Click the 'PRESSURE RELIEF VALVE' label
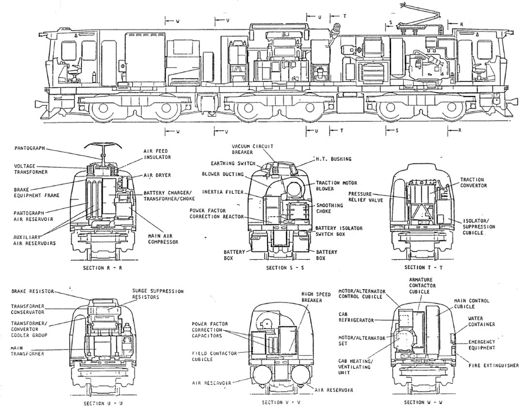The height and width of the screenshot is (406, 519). pyautogui.click(x=366, y=198)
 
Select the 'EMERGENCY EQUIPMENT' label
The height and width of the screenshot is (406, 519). pyautogui.click(x=481, y=345)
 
